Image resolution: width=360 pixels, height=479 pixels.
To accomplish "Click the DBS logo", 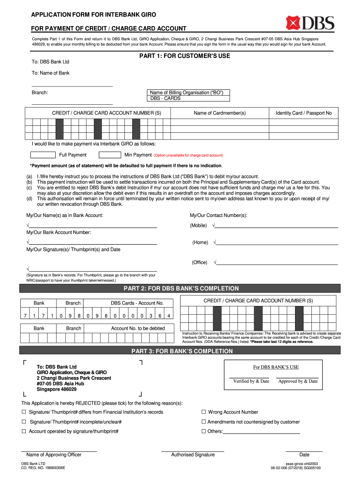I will pos(310,22).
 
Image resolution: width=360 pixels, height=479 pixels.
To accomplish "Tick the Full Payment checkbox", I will pos(43,155).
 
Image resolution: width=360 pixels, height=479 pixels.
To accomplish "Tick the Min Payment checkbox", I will pos(110,155).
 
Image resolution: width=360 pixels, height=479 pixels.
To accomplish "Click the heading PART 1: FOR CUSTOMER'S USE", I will pos(185,56).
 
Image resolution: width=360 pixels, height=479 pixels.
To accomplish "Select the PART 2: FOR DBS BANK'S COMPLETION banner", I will pos(180,289).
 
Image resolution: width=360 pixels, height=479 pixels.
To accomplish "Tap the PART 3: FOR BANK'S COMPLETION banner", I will pos(180,351).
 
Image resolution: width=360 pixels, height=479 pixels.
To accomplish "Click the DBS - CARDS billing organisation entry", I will pos(165,99).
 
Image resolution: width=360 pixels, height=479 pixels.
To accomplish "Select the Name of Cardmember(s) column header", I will pos(220,113).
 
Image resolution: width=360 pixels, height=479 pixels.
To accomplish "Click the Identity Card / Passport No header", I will pos(303,113).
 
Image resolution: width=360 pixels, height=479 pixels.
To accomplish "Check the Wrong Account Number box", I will pos(204,412).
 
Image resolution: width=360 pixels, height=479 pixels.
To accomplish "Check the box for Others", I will pos(204,431).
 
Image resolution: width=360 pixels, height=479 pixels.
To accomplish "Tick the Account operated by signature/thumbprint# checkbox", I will pos(24,431).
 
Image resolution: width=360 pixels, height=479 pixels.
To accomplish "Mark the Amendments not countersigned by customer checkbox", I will pos(204,422).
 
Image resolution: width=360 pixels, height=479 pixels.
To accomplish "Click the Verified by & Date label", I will pos(251,381).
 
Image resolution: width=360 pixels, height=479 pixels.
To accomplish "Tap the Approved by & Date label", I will pos(298,381).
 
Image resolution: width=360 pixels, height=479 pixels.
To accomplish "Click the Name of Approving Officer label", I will pos(54,455).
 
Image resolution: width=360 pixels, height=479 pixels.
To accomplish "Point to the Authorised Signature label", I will pos(193,455).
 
